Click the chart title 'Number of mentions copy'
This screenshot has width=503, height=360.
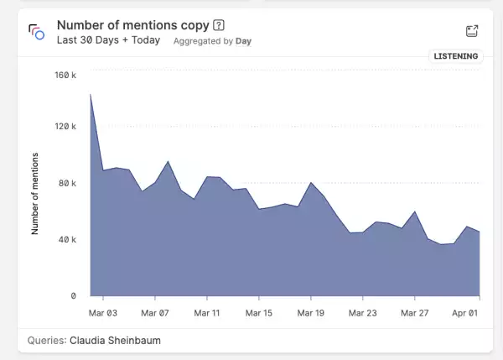pos(133,25)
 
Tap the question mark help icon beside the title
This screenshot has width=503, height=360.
pos(220,25)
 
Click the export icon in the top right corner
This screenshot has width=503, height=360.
pos(472,31)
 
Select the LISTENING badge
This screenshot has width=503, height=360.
pos(456,56)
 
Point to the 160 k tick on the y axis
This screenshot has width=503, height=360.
pos(65,75)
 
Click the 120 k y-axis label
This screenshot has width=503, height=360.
pos(65,127)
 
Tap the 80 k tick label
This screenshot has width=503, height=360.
pos(68,184)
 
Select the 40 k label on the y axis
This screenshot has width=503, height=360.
pos(68,240)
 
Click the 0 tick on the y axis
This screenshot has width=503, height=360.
pos(74,296)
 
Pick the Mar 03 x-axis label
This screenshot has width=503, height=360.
pos(103,313)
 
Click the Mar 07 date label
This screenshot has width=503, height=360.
pos(155,313)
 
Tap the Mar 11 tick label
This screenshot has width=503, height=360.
pos(207,313)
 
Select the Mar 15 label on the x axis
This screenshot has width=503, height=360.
pos(259,313)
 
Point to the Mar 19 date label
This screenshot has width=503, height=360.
pos(311,313)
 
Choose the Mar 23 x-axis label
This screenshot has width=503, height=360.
pos(363,313)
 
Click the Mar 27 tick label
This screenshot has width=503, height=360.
pos(415,313)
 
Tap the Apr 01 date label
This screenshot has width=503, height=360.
pos(466,313)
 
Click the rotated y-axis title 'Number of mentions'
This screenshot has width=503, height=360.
pos(35,193)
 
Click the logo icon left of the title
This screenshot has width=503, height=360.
pos(35,32)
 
